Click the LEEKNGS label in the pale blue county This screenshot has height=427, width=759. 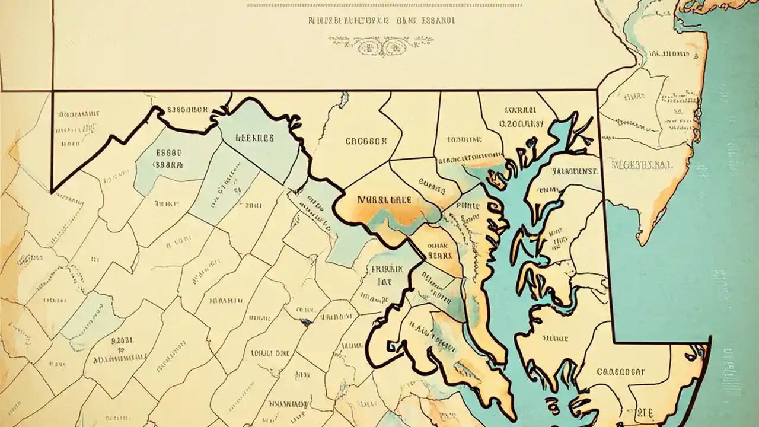(255, 138)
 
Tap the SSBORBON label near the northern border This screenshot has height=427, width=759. (187, 110)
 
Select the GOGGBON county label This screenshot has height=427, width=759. (365, 142)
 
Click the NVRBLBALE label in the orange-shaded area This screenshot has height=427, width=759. (384, 200)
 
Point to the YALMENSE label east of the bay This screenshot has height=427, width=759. (575, 171)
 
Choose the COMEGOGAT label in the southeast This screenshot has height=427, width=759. (621, 372)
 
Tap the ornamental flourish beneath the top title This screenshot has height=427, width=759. (381, 44)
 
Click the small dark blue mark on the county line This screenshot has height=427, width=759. (306, 322)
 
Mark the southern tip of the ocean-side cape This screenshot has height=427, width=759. (640, 243)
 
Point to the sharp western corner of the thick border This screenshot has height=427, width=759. (52, 192)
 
